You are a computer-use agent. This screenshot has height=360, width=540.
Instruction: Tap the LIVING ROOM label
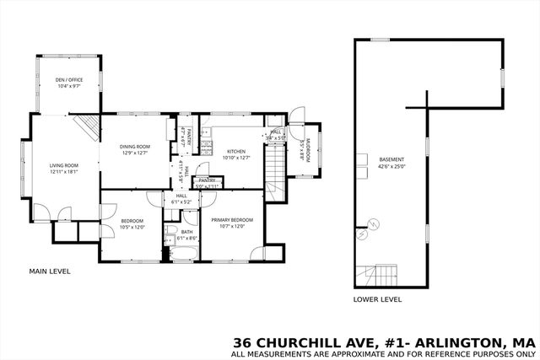click(63, 165)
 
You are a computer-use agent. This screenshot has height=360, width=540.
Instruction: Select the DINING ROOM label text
click(135, 147)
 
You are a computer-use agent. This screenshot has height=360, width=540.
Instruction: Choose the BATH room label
click(186, 232)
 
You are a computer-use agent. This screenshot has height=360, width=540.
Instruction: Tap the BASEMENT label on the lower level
click(391, 159)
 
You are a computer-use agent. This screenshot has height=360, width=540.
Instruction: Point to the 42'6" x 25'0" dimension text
click(391, 166)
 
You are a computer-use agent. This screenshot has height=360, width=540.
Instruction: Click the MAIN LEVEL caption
click(50, 271)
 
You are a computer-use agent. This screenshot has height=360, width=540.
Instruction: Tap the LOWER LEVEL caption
click(377, 299)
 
